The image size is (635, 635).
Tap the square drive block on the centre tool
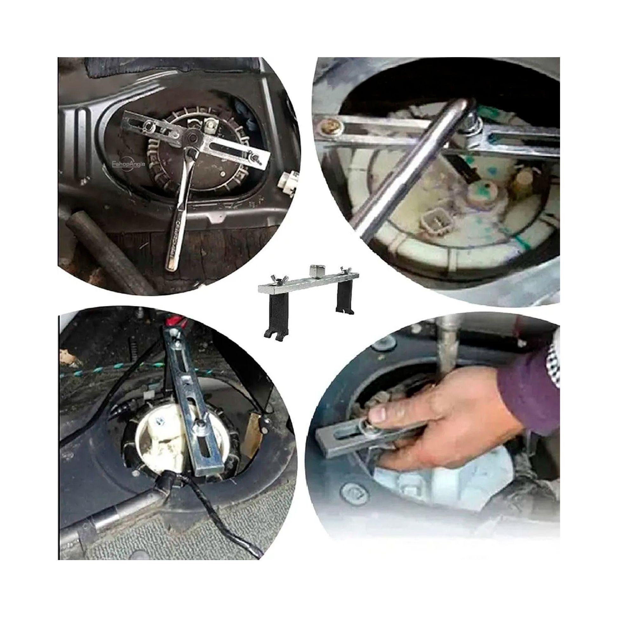coord(315,270)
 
